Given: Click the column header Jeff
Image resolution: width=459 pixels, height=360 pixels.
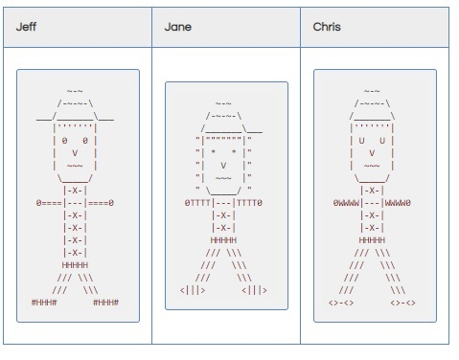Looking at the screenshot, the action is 26,27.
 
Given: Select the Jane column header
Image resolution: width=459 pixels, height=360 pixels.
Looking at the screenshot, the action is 178,27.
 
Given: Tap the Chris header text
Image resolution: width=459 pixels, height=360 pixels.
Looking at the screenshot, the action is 327,27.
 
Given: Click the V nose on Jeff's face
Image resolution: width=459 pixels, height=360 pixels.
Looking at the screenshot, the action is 75,152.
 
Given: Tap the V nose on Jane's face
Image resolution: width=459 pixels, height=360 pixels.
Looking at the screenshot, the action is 222,164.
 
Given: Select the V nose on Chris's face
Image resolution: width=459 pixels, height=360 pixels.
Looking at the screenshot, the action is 372,152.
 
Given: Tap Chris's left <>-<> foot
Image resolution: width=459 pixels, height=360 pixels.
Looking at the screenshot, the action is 341,303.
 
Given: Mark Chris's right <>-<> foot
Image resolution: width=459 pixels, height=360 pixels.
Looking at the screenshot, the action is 402,303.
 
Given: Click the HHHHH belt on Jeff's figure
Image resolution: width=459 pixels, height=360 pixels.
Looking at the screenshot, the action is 75,264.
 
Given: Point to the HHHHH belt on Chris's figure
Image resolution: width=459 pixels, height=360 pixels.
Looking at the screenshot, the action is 372,239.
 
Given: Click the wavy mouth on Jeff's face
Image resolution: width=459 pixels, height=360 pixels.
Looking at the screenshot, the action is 75,165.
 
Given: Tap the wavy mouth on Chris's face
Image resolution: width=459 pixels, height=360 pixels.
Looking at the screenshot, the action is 372,165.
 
